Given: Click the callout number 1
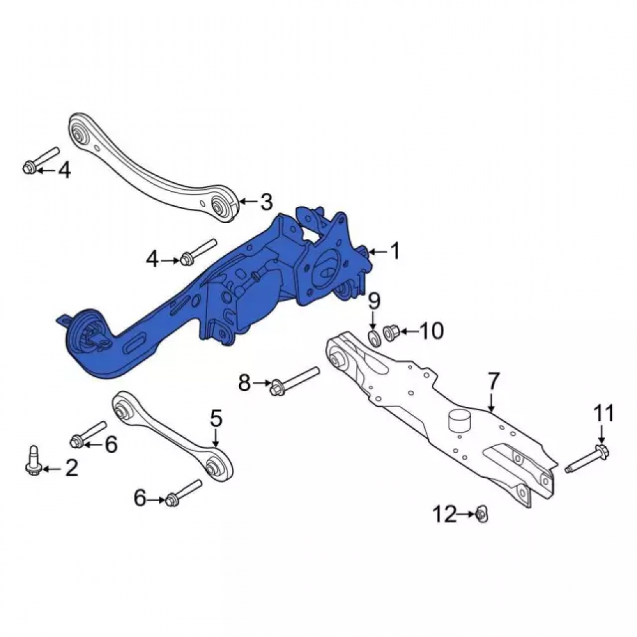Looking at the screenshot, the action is point(394,251).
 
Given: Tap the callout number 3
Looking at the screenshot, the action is point(266,202).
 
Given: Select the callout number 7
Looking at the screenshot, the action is point(493,381).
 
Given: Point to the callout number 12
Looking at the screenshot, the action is point(444,514).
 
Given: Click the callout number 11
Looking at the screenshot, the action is point(605,414).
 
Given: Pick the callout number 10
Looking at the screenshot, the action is point(431,331).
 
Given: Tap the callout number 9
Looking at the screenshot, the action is point(374,301).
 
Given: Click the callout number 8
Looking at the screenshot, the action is point(244,383).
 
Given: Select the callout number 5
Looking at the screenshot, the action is point(216,419).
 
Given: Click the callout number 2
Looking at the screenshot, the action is point(71,468).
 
